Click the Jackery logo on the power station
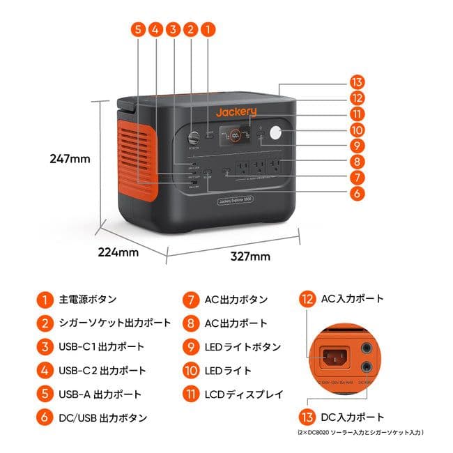point(236,112)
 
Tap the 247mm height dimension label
point(70,159)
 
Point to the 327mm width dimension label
point(250,256)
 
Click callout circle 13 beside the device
point(358,81)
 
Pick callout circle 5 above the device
point(138,29)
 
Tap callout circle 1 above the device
point(207,29)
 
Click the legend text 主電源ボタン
point(88,300)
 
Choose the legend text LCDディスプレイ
point(243,394)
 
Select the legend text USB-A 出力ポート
point(100,394)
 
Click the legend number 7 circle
point(191,300)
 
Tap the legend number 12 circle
point(307,300)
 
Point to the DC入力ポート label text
point(352,417)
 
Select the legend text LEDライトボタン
point(243,347)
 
